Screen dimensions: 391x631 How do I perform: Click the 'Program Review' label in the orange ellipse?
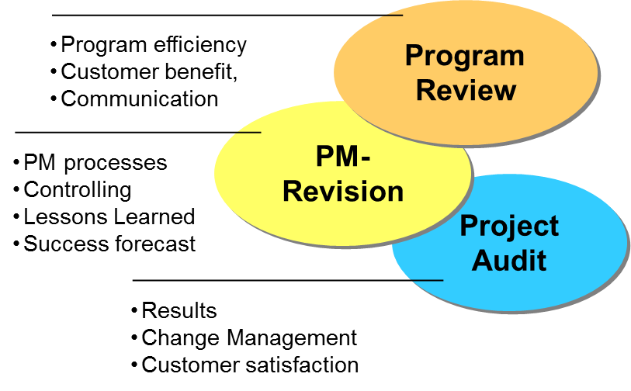(x=465, y=73)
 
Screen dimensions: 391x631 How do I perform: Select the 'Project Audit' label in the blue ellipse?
(x=509, y=243)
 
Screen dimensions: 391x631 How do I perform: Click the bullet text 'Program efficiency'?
(x=153, y=45)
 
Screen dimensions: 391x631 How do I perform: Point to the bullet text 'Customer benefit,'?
(x=148, y=72)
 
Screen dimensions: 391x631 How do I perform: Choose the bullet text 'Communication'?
(x=139, y=99)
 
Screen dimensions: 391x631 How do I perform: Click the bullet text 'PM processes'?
(x=95, y=163)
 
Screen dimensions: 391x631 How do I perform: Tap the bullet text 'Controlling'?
(x=77, y=189)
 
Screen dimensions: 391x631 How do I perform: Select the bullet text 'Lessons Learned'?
(x=109, y=216)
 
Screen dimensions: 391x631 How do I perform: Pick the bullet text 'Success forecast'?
(x=109, y=244)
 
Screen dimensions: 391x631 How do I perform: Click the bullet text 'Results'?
(x=179, y=311)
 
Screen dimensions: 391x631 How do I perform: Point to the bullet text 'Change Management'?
(x=248, y=337)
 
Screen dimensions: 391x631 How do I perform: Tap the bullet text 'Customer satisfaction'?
(x=249, y=365)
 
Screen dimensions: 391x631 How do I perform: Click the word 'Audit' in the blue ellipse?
(x=509, y=260)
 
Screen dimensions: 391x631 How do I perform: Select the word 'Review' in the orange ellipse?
(x=465, y=89)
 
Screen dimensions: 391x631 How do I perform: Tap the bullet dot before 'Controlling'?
(x=17, y=190)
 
